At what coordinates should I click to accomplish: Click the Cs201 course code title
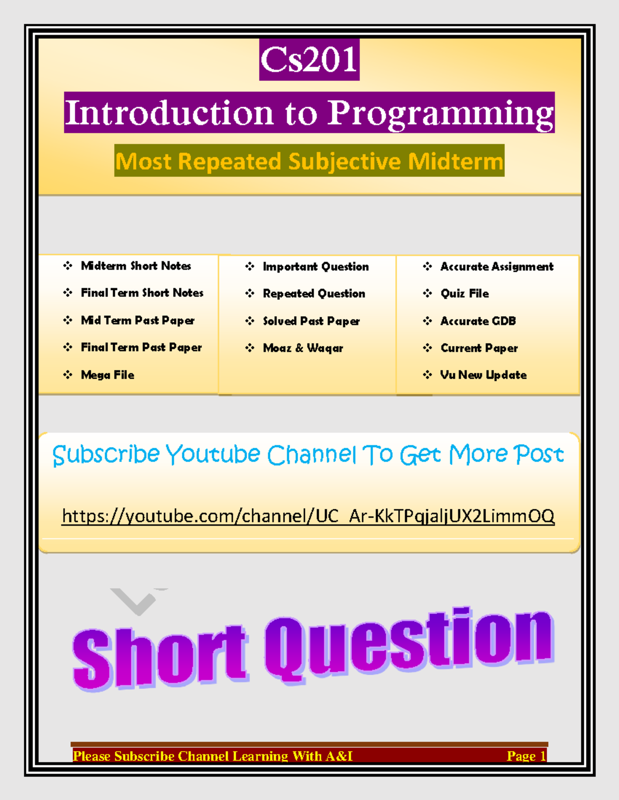click(309, 60)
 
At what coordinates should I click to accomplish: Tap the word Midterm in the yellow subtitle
click(455, 161)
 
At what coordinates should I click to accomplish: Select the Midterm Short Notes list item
click(136, 266)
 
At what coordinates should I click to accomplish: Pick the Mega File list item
click(107, 375)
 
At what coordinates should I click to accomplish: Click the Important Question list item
click(316, 267)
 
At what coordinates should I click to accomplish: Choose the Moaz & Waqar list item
click(303, 348)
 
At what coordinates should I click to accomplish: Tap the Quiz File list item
click(464, 294)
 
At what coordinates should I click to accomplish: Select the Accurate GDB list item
click(478, 321)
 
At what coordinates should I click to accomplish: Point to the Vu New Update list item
click(483, 375)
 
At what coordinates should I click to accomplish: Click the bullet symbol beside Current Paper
click(428, 348)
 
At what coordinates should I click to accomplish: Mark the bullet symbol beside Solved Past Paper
click(250, 321)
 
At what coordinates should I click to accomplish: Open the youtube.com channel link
click(308, 516)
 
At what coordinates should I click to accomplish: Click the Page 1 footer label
click(526, 756)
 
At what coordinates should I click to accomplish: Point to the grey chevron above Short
click(138, 601)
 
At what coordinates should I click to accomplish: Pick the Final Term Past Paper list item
click(141, 348)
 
